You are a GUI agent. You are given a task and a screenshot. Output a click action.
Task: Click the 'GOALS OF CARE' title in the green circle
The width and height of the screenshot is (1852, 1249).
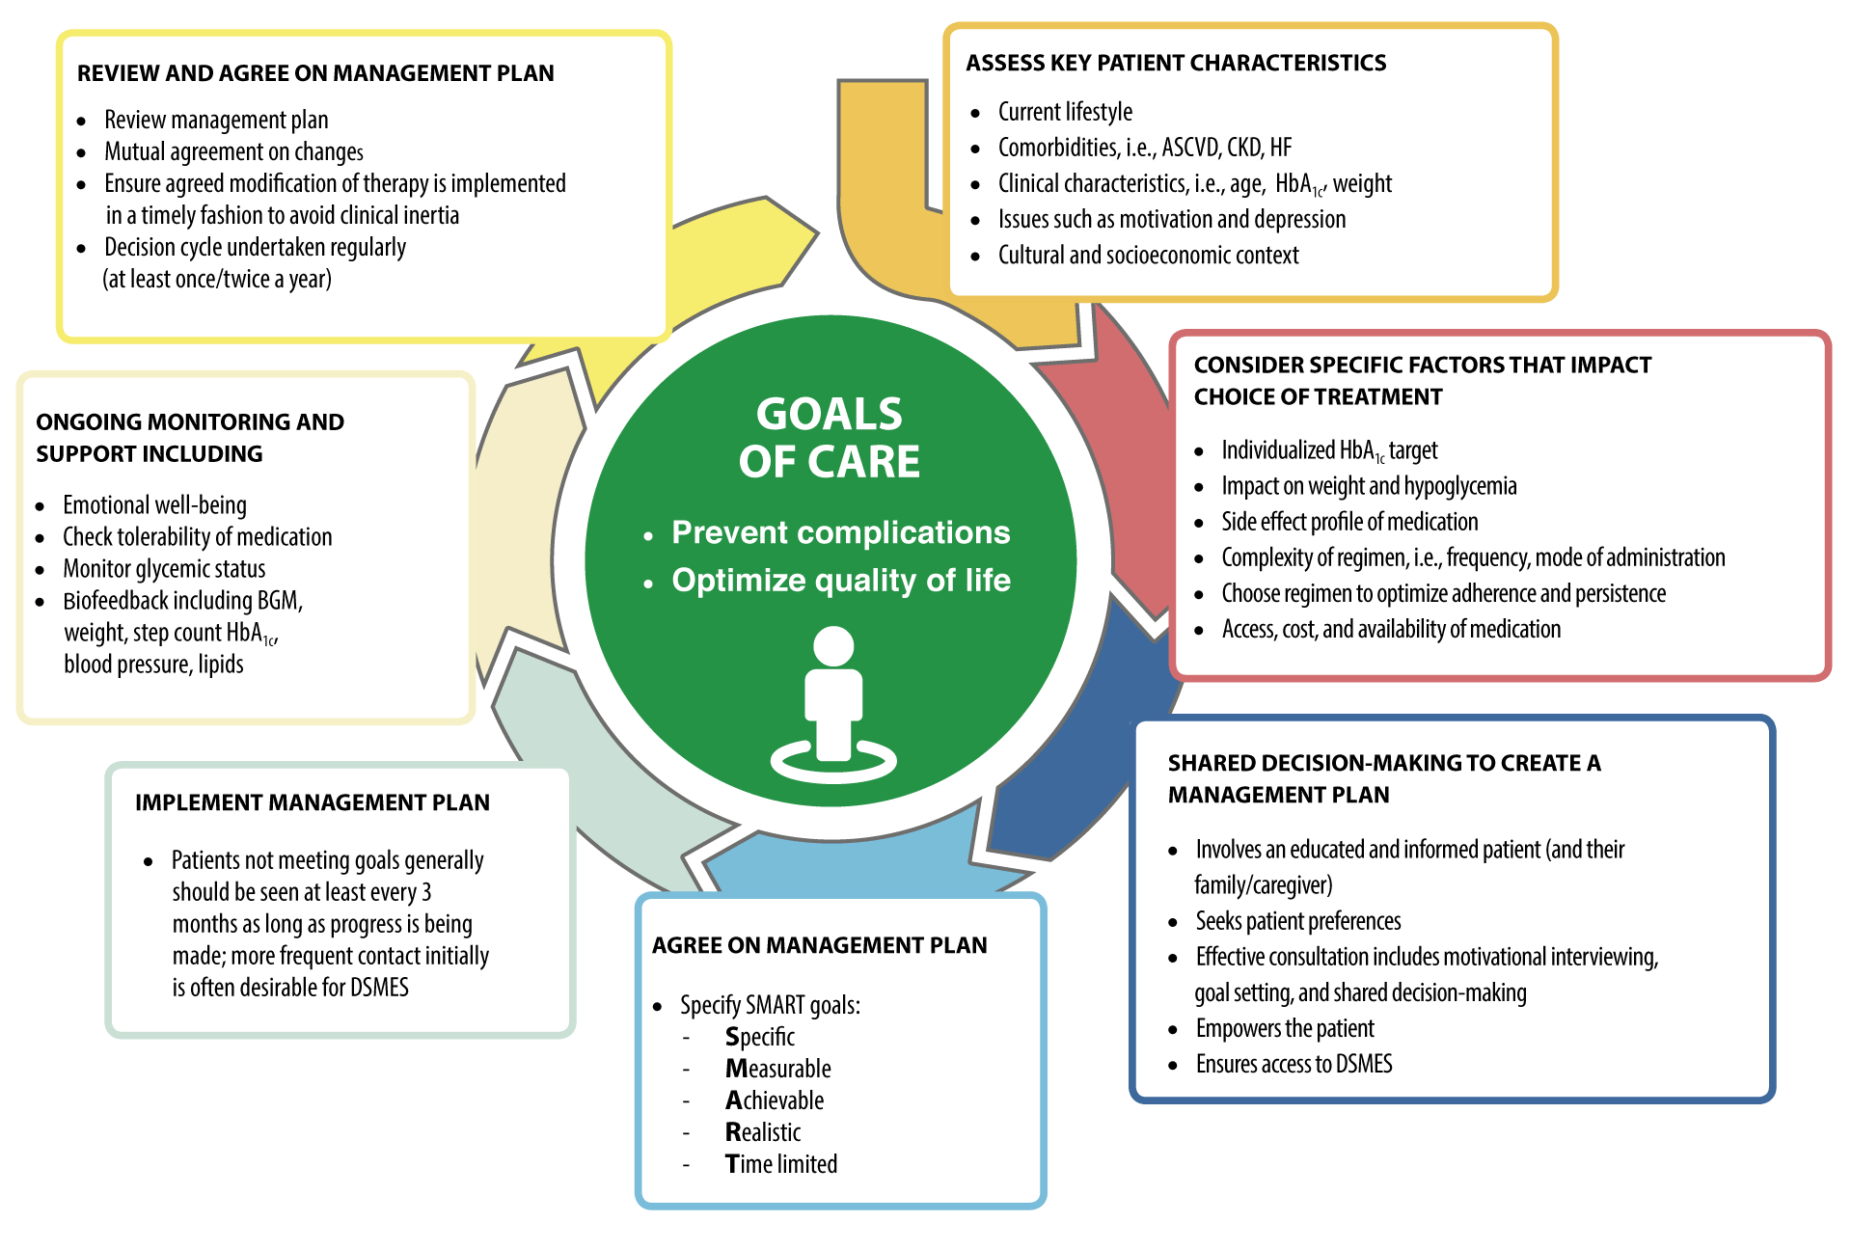pos(830,438)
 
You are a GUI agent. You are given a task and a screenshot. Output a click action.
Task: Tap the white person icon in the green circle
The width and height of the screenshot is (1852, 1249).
pos(833,704)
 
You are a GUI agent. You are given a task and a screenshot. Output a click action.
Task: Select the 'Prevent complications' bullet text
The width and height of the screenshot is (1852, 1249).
pos(840,532)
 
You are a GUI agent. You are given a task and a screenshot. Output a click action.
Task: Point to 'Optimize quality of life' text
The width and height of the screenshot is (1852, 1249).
pos(840,581)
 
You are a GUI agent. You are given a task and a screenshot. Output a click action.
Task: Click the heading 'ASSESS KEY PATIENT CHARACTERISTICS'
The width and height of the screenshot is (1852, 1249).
pos(1176,64)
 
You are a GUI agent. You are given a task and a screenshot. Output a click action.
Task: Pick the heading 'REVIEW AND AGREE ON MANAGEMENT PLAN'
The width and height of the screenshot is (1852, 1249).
pos(315,74)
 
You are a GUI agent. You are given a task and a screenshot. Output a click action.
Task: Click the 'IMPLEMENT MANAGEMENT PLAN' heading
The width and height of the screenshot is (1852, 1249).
pos(313,803)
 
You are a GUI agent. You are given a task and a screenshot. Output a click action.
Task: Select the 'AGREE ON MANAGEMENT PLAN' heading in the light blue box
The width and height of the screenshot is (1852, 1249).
pos(819,946)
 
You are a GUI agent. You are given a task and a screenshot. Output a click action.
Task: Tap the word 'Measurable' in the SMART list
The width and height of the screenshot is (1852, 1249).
pos(778,1069)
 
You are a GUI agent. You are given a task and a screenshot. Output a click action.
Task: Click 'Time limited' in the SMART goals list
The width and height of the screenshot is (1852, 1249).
pos(781,1164)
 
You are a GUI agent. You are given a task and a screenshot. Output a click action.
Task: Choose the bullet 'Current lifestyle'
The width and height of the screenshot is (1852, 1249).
pos(1065,113)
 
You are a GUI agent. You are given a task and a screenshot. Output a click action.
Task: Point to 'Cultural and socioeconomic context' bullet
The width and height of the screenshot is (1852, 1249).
pos(1148,256)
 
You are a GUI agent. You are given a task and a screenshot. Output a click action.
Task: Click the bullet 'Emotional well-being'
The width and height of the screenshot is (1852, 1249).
pos(154,505)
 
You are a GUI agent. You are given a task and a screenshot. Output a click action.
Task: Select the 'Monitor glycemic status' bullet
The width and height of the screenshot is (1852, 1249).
pos(164,569)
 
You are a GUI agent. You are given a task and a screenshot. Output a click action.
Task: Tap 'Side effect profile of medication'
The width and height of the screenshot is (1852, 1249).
pos(1349,523)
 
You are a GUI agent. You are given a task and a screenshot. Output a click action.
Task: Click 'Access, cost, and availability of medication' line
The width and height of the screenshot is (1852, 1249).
pos(1391,630)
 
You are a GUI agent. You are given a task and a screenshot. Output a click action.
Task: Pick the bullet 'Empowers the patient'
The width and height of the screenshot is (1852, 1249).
pos(1285,1029)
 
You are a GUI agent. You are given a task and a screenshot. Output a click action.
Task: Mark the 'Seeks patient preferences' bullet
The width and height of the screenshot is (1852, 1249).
pos(1298,922)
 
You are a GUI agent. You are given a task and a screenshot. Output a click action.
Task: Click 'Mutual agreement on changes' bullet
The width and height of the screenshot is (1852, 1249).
pos(233,152)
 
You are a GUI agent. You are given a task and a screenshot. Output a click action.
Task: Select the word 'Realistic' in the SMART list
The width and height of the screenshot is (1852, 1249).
pos(763,1132)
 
